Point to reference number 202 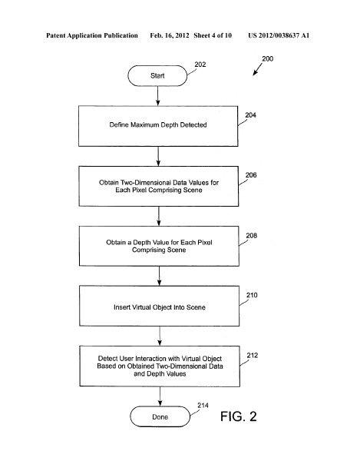coord(200,65)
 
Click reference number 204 coord(251,115)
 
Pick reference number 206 coord(251,175)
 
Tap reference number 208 coord(252,236)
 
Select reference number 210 coord(252,295)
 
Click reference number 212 coord(253,356)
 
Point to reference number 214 coord(203,406)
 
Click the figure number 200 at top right coord(267,58)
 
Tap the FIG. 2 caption coord(239,416)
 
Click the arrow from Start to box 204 coord(158,96)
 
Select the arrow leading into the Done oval coord(160,396)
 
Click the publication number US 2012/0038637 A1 coord(279,35)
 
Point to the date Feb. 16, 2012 coord(170,35)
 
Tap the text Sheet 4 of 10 coord(213,35)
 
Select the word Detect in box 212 coord(108,359)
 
